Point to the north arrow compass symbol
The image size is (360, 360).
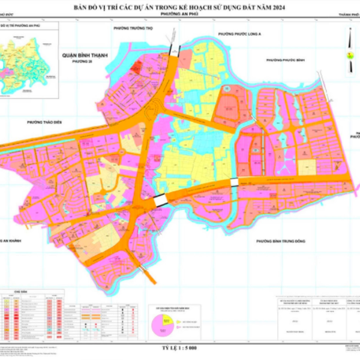tap(347, 45)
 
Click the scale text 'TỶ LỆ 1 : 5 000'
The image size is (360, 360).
tap(179, 348)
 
